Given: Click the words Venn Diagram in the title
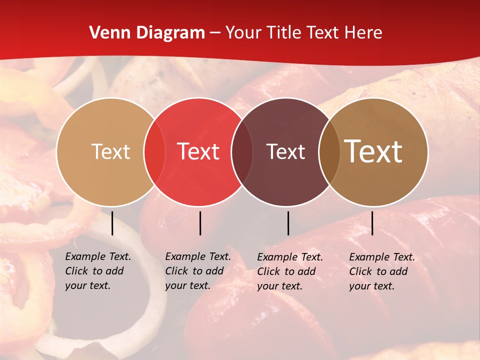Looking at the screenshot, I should tap(147, 33).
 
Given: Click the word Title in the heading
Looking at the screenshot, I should tap(283, 33).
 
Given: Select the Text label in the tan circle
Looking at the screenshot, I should tap(110, 151).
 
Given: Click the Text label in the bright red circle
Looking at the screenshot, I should tap(198, 151).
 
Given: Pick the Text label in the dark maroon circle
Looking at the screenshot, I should tap(286, 151).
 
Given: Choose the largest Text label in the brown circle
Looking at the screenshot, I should tap(373, 151).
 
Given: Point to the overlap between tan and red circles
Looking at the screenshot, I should tap(154, 151).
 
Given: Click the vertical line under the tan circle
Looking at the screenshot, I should tap(112, 223).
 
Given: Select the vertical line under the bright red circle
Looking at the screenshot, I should tap(200, 223).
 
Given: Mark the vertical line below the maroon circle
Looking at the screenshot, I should tap(288, 223).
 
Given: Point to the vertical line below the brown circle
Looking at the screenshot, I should tap(372, 223).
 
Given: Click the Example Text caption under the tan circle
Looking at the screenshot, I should tap(97, 271).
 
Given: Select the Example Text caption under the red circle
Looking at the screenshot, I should tap(197, 271).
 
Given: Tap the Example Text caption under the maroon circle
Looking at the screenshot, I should tap(289, 271).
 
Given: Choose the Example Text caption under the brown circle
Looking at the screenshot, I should tap(381, 271).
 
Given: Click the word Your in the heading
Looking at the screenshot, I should tap(243, 33).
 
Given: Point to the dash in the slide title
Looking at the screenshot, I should tap(215, 33).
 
